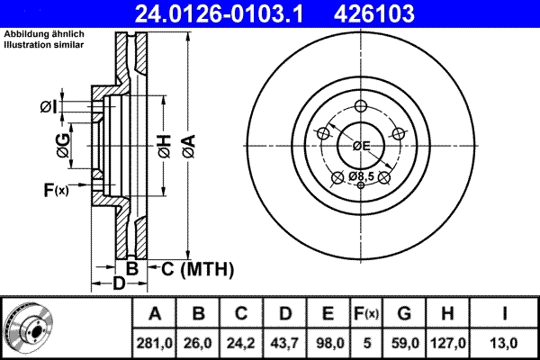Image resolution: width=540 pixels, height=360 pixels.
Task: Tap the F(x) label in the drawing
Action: click(55, 190)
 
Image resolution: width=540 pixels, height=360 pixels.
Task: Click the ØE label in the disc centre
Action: click(361, 146)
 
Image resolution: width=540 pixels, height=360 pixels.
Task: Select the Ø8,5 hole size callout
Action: click(362, 175)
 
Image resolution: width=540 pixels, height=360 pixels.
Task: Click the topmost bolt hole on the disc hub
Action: click(361, 104)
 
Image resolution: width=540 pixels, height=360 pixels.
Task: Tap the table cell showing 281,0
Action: click(154, 342)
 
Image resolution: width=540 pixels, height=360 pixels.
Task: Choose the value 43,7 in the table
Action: click(284, 342)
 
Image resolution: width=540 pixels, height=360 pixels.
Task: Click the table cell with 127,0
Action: click(449, 342)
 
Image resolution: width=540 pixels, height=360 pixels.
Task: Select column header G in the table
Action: click(404, 314)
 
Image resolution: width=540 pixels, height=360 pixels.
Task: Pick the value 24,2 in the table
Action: click(241, 342)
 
